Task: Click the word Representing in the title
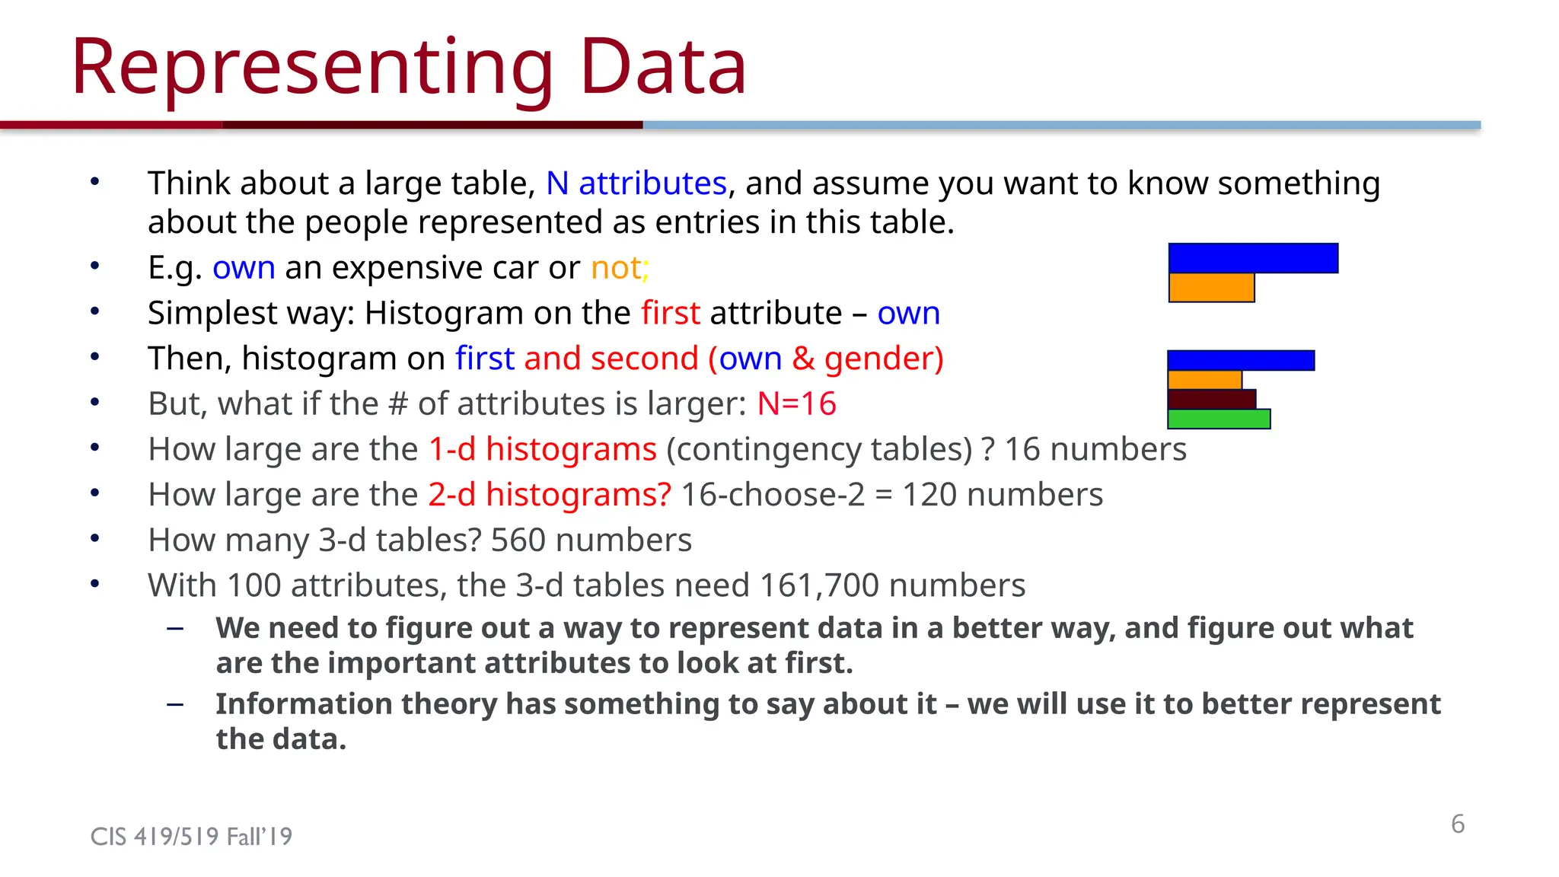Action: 312,69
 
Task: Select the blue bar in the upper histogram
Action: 1253,258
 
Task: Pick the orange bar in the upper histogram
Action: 1211,288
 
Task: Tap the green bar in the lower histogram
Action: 1218,419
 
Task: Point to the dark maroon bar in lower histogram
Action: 1211,399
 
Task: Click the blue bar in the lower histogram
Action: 1241,360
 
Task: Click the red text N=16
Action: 796,403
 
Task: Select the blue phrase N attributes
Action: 636,183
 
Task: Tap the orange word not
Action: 617,268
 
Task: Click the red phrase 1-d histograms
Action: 542,449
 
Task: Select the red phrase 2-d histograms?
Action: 550,495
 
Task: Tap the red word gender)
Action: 883,359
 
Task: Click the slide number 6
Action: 1457,824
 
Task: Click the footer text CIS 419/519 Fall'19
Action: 191,837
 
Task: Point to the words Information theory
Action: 356,704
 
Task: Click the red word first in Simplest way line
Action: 670,314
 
